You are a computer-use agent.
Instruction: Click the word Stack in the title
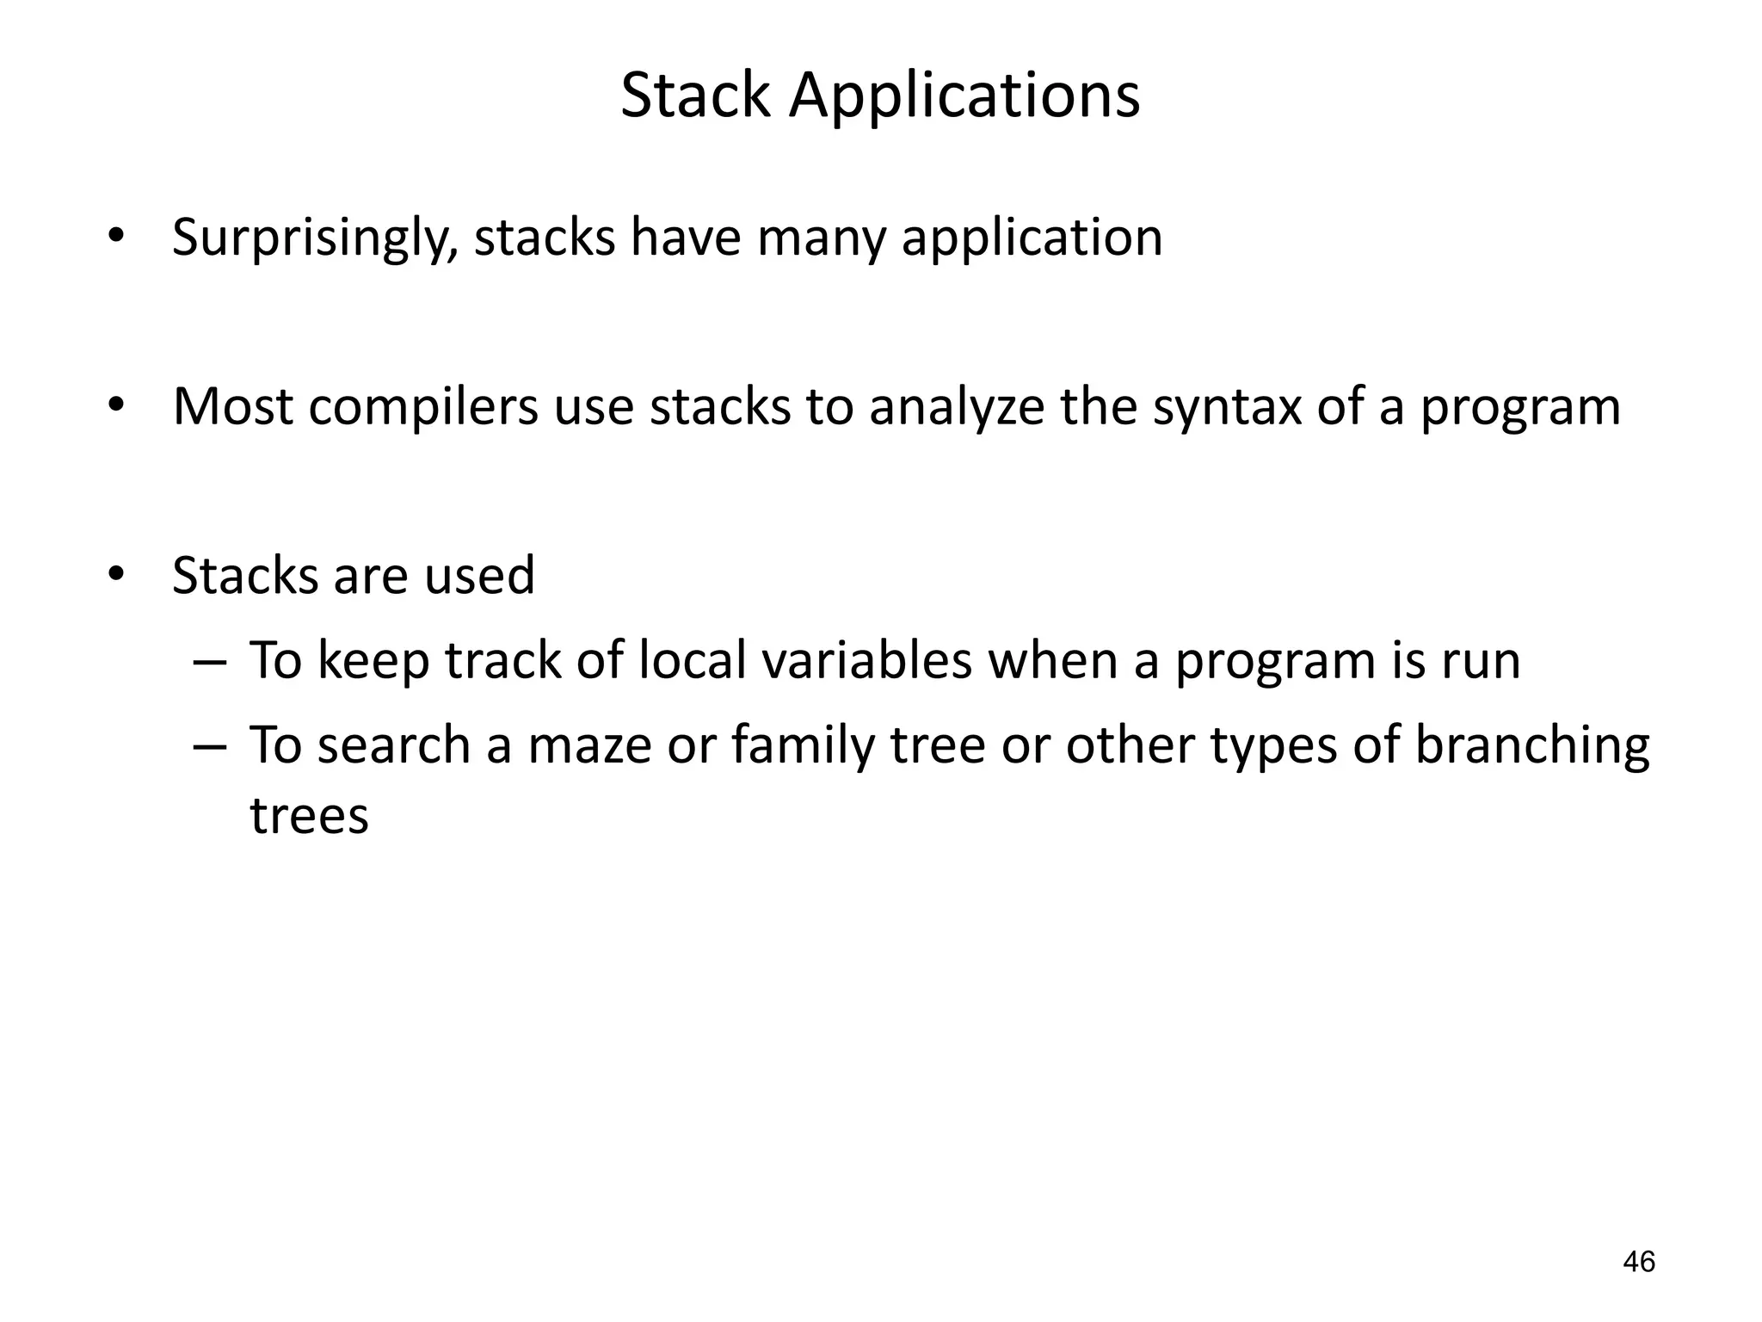click(x=695, y=96)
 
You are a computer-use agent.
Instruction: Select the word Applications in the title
click(x=964, y=96)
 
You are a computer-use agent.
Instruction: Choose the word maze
click(x=589, y=745)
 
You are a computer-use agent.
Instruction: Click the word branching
click(x=1531, y=745)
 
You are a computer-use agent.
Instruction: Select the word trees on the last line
click(x=309, y=815)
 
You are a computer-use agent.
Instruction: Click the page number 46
click(x=1638, y=1262)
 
